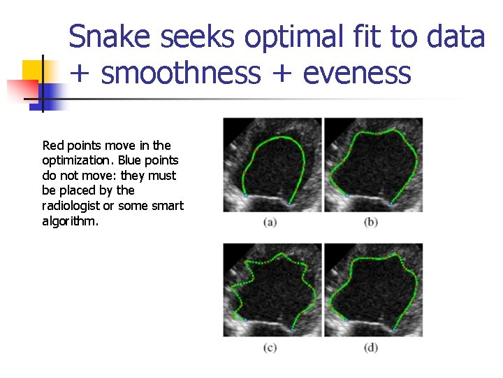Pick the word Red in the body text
(x=53, y=146)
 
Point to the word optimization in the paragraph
(x=74, y=160)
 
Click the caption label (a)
(x=270, y=223)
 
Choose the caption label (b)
(x=371, y=223)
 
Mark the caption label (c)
(x=270, y=348)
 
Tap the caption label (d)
(x=371, y=348)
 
